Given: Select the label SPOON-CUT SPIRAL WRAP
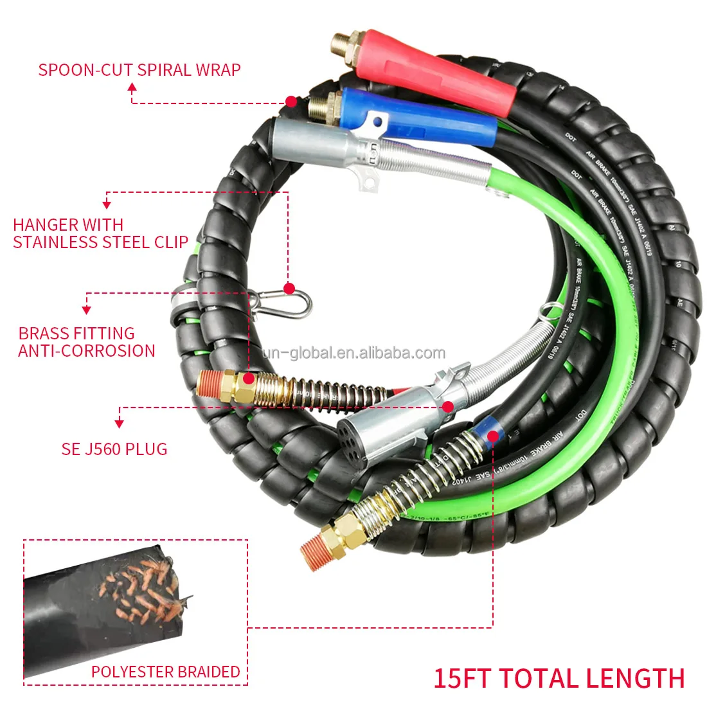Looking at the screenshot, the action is pyautogui.click(x=139, y=69).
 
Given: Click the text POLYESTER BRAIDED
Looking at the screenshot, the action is pyautogui.click(x=165, y=672).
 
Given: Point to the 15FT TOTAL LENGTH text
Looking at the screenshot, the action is pyautogui.click(x=559, y=679).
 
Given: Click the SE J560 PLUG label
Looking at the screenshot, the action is pyautogui.click(x=114, y=449).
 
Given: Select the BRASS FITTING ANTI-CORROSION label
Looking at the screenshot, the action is pyautogui.click(x=87, y=342).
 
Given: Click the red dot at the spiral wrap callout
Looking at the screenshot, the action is pyautogui.click(x=291, y=102).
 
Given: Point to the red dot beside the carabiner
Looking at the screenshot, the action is pyautogui.click(x=289, y=289).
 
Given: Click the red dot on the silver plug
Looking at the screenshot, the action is pyautogui.click(x=448, y=406).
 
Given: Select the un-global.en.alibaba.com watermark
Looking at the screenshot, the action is pyautogui.click(x=353, y=352).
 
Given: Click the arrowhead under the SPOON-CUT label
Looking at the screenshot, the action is pyautogui.click(x=132, y=90).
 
